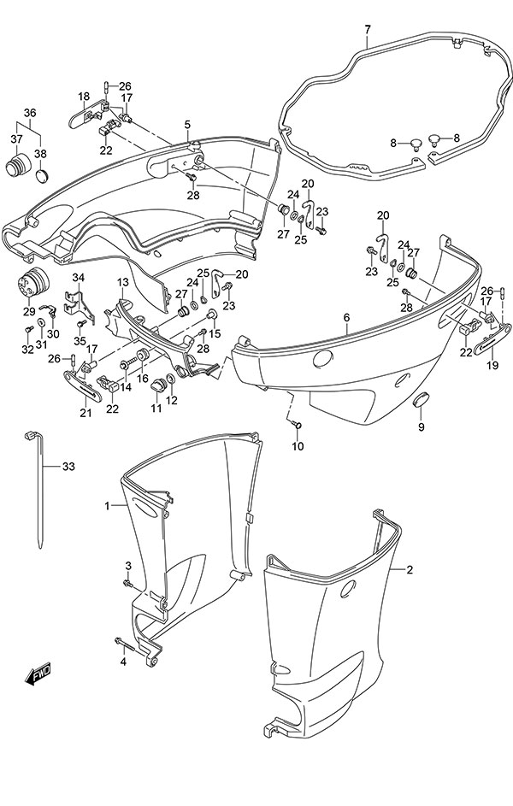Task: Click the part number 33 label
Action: coord(69,467)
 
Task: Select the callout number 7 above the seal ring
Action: coord(367,30)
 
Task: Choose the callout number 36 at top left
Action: coord(30,113)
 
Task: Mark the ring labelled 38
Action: coord(41,177)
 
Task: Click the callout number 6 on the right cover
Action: coord(346,317)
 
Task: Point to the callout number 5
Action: coord(186,125)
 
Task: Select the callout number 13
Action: coord(122,282)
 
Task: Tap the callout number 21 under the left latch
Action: coord(85,415)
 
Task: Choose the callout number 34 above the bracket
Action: coord(79,277)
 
